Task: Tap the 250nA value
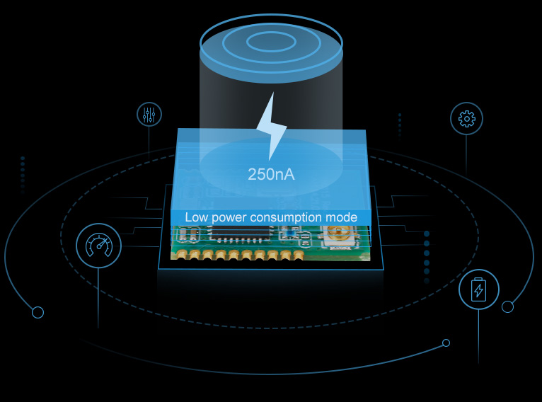[271, 173]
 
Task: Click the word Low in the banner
[196, 217]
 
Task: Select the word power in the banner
[227, 217]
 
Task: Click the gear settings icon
[466, 118]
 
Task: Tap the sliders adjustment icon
[149, 114]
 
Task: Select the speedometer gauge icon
[98, 246]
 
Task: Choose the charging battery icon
[479, 289]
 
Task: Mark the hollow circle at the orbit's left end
[38, 312]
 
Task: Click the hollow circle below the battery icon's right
[507, 306]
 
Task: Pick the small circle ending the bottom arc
[446, 343]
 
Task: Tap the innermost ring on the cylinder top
[271, 40]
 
